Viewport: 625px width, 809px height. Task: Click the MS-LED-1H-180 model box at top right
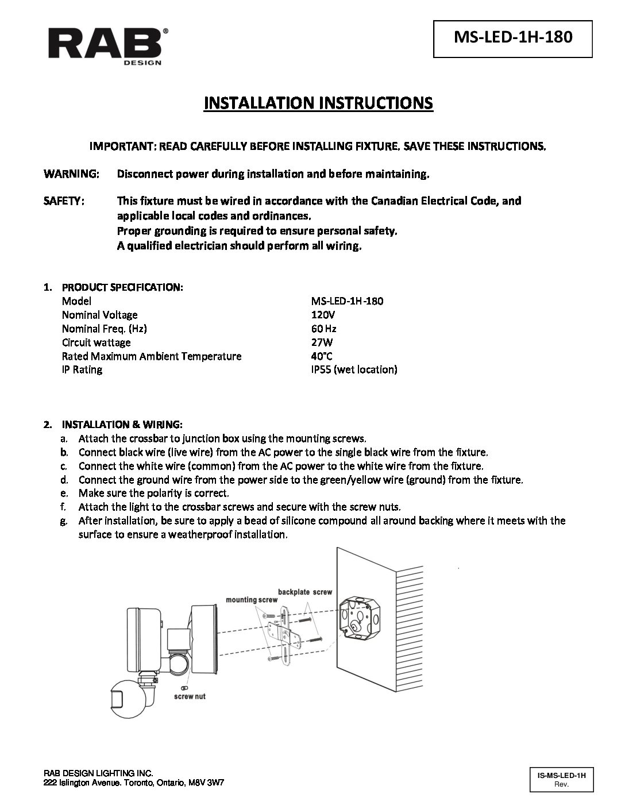coord(513,38)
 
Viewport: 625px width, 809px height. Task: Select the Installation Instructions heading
coord(318,103)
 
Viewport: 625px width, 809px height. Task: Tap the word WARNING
coord(71,174)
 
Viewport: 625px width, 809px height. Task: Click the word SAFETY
coord(65,201)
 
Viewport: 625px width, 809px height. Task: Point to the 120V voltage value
coord(322,315)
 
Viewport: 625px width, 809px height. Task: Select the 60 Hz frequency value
coord(323,329)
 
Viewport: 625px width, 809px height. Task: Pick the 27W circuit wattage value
coord(322,342)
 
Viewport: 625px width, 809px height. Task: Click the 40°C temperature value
coord(322,356)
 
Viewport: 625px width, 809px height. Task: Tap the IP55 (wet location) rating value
coord(353,369)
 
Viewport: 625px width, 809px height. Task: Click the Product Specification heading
coord(122,287)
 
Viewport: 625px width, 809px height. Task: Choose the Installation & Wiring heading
coord(122,425)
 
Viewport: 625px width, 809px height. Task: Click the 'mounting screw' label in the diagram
coord(252,599)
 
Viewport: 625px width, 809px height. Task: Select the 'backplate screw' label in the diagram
coord(304,591)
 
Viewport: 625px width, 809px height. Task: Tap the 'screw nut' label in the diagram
coord(190,696)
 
